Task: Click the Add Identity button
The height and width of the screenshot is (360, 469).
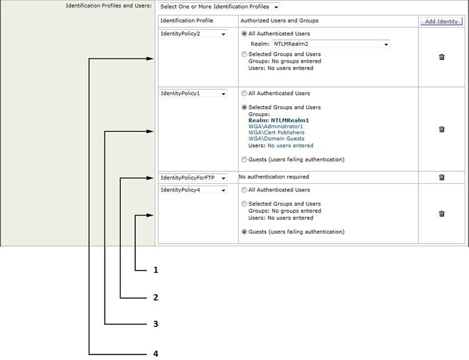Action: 441,21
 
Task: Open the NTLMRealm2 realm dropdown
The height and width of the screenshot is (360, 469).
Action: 330,44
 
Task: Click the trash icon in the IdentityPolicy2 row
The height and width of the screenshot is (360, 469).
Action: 441,57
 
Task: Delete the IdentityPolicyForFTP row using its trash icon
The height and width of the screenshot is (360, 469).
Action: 441,177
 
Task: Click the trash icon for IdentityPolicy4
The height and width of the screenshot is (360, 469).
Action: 441,214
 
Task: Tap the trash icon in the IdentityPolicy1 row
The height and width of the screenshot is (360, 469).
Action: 441,129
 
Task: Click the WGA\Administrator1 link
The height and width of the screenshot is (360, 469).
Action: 275,126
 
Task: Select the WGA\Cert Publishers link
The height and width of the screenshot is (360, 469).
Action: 276,132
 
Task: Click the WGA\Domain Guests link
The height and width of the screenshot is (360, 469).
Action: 276,139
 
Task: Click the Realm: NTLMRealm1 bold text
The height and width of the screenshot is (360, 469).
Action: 278,120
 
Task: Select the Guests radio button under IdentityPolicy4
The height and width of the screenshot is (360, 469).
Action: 244,232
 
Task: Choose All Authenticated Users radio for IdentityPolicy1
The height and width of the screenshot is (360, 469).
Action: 244,94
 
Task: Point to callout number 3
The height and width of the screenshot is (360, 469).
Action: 156,324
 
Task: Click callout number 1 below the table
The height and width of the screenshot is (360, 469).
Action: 156,270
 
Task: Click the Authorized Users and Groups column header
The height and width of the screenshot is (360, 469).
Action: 279,21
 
